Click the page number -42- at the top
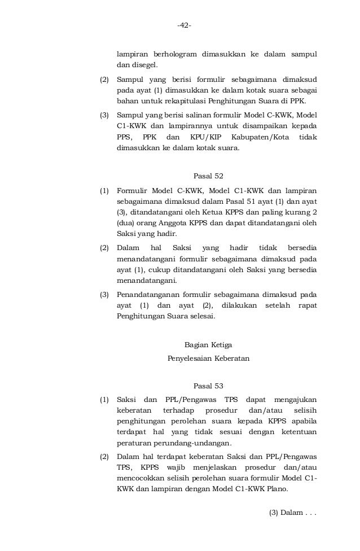pos(184,26)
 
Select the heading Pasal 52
pos(208,175)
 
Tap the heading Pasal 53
pos(208,386)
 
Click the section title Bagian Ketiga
pos(208,344)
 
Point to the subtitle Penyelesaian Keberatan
pos(208,358)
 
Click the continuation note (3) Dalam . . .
pos(293,513)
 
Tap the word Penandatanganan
pos(149,294)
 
